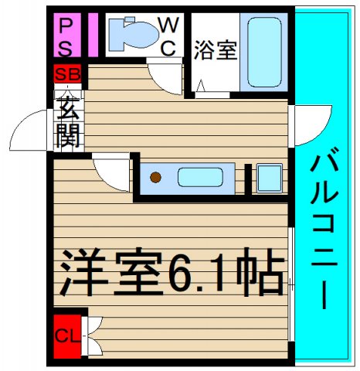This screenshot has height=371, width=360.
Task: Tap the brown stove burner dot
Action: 156,178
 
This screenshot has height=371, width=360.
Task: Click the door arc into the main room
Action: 112,175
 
